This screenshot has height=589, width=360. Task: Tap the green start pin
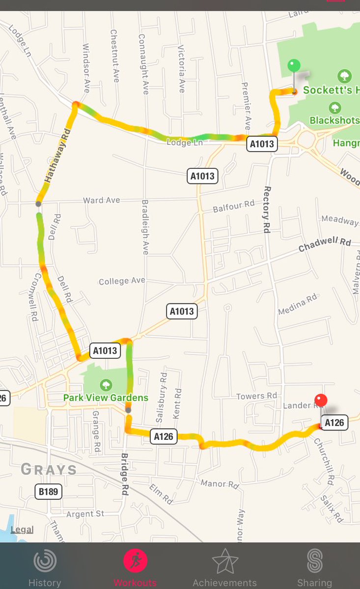294,66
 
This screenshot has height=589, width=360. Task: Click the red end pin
321,401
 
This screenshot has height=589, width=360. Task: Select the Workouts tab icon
136,561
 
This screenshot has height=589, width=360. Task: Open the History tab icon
45,561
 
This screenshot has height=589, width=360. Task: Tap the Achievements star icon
224,561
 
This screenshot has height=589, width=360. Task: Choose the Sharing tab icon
314,561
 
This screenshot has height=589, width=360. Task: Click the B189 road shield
48,491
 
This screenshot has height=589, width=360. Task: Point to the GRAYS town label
49,470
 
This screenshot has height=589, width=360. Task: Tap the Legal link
22,530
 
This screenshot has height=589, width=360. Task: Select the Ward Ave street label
101,200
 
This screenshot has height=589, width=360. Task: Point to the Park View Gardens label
106,398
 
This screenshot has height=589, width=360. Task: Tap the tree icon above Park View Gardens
106,384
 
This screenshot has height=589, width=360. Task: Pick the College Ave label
122,281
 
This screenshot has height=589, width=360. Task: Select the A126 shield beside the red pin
334,423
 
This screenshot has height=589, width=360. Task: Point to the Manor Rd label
220,484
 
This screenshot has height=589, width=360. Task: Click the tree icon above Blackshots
335,107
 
